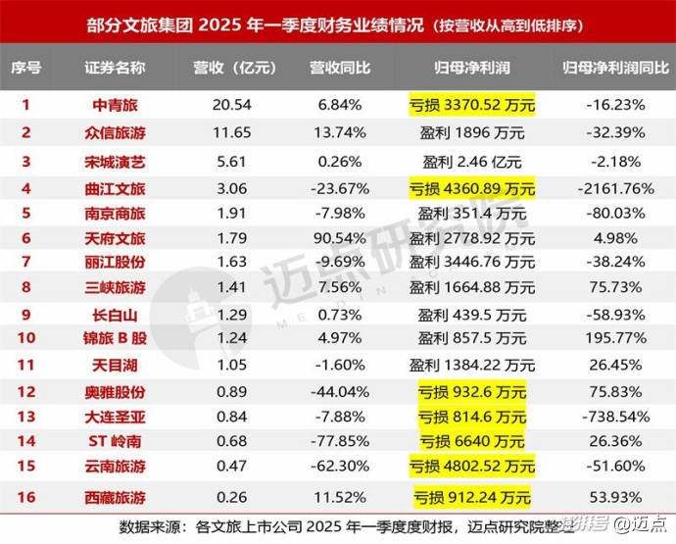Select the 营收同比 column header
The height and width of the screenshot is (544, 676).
tap(339, 68)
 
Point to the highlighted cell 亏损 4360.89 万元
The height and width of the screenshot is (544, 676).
tap(472, 187)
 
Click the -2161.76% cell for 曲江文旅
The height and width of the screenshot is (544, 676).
tap(611, 187)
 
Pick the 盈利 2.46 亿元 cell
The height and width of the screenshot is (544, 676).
tap(472, 161)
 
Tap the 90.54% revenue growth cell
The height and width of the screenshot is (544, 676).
tap(339, 238)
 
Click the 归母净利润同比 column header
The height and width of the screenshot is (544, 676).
tap(611, 68)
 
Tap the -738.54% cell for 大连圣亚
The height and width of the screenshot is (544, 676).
tap(611, 417)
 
